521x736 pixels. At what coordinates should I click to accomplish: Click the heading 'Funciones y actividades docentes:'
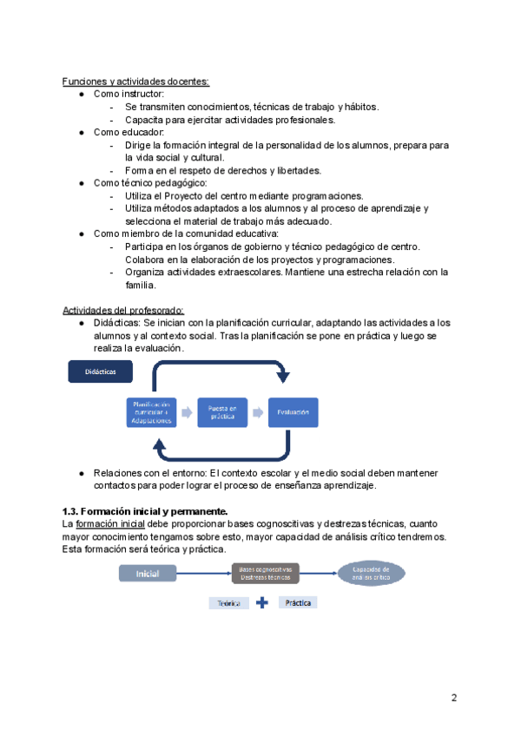click(x=135, y=82)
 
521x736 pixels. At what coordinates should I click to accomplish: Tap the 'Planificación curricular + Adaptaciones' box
click(x=151, y=412)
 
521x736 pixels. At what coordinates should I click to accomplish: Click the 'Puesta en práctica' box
click(x=222, y=412)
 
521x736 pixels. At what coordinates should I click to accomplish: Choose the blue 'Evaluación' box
click(x=293, y=412)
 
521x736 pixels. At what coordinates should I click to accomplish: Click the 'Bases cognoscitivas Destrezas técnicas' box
click(x=265, y=573)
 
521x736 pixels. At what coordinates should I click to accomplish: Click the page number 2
click(x=453, y=698)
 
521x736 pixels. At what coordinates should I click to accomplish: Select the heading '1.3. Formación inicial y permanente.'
click(x=144, y=511)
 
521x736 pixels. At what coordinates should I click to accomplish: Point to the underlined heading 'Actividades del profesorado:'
click(x=123, y=311)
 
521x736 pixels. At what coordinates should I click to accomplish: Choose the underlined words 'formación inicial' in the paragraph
click(x=109, y=524)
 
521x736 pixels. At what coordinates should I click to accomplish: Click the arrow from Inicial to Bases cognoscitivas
click(x=205, y=573)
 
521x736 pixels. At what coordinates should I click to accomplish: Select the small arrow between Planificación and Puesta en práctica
click(x=187, y=412)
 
